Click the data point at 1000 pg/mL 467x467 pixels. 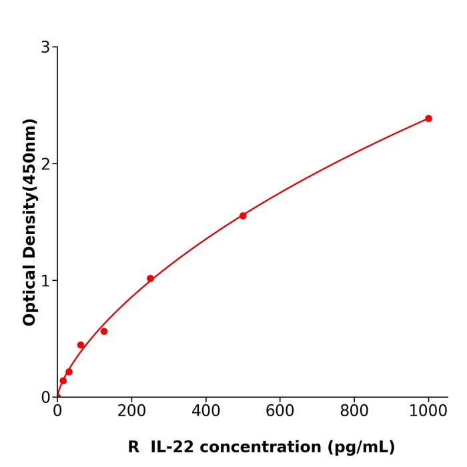tap(428, 119)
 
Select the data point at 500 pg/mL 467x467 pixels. tap(243, 215)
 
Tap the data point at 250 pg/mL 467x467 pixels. tap(150, 279)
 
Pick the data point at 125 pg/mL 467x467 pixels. tap(104, 332)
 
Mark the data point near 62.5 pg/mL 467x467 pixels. tap(81, 345)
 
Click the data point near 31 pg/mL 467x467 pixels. tap(69, 372)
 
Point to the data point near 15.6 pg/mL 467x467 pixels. tap(63, 381)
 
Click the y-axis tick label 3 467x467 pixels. tap(45, 47)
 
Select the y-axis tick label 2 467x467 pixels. tap(45, 164)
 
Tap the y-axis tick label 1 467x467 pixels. tap(45, 281)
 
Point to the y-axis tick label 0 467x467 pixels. tap(45, 398)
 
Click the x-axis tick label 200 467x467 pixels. tap(131, 412)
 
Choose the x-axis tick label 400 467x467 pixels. tap(205, 412)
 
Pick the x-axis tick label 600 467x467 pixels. tap(280, 412)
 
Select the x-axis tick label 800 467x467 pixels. tap(354, 412)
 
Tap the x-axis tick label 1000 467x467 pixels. tap(428, 412)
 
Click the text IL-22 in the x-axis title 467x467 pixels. tap(173, 448)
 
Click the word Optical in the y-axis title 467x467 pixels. tap(30, 294)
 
